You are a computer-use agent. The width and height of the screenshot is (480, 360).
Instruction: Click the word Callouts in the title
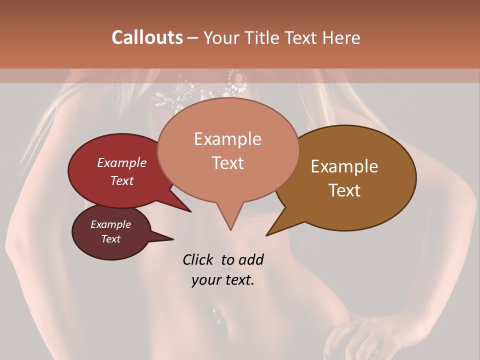point(147,37)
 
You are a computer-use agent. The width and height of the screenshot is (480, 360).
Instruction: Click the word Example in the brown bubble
point(344,166)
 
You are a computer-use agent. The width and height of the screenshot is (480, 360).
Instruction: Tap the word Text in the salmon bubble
point(228,163)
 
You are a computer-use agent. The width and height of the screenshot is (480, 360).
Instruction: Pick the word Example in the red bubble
point(122,162)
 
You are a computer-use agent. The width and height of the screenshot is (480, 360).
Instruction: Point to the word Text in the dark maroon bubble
point(111,239)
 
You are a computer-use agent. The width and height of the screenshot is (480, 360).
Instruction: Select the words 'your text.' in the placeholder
point(223,280)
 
